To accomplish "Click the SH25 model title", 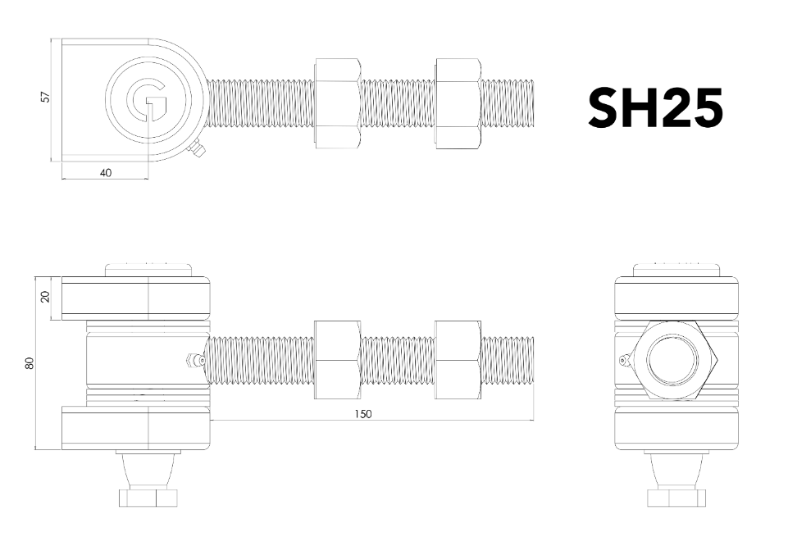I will click(655, 107).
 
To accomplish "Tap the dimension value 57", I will click(46, 97).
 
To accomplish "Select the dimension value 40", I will click(106, 172).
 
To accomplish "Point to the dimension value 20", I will click(46, 296).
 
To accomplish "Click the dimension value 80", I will click(30, 362).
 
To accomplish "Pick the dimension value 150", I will click(362, 414).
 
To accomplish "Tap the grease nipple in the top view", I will click(198, 151).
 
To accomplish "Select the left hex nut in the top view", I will click(337, 103).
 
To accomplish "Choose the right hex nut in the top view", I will click(458, 103).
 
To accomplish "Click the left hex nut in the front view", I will click(337, 360).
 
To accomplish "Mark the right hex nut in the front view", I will click(458, 360).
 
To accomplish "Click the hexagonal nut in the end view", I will click(676, 359).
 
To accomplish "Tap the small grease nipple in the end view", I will click(626, 359).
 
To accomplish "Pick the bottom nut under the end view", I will click(676, 497).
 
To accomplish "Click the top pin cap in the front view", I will click(148, 270).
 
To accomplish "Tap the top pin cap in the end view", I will click(676, 270).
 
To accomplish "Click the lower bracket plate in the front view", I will click(136, 428).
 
